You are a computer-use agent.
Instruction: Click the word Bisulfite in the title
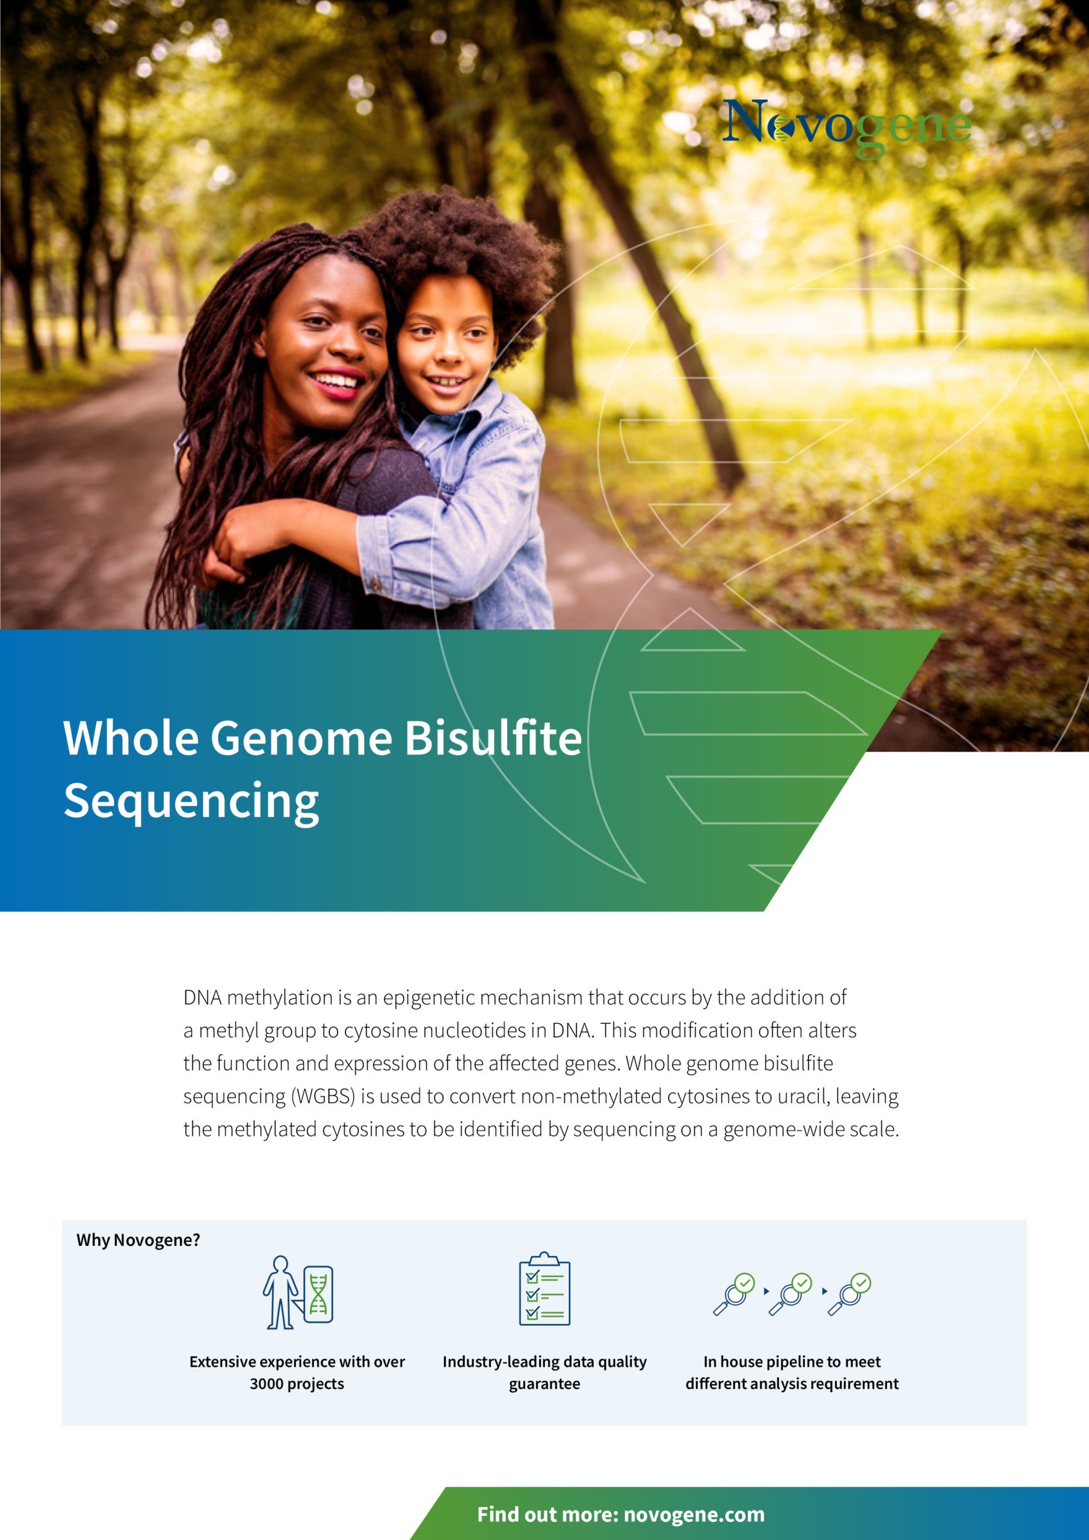[x=493, y=739]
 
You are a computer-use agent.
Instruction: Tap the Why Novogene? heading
[x=138, y=1240]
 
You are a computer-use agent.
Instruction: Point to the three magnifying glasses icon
[x=792, y=1294]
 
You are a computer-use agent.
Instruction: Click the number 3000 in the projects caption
[x=267, y=1384]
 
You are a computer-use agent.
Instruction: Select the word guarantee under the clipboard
[x=544, y=1384]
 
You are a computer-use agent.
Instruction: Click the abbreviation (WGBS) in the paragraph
[x=322, y=1097]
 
